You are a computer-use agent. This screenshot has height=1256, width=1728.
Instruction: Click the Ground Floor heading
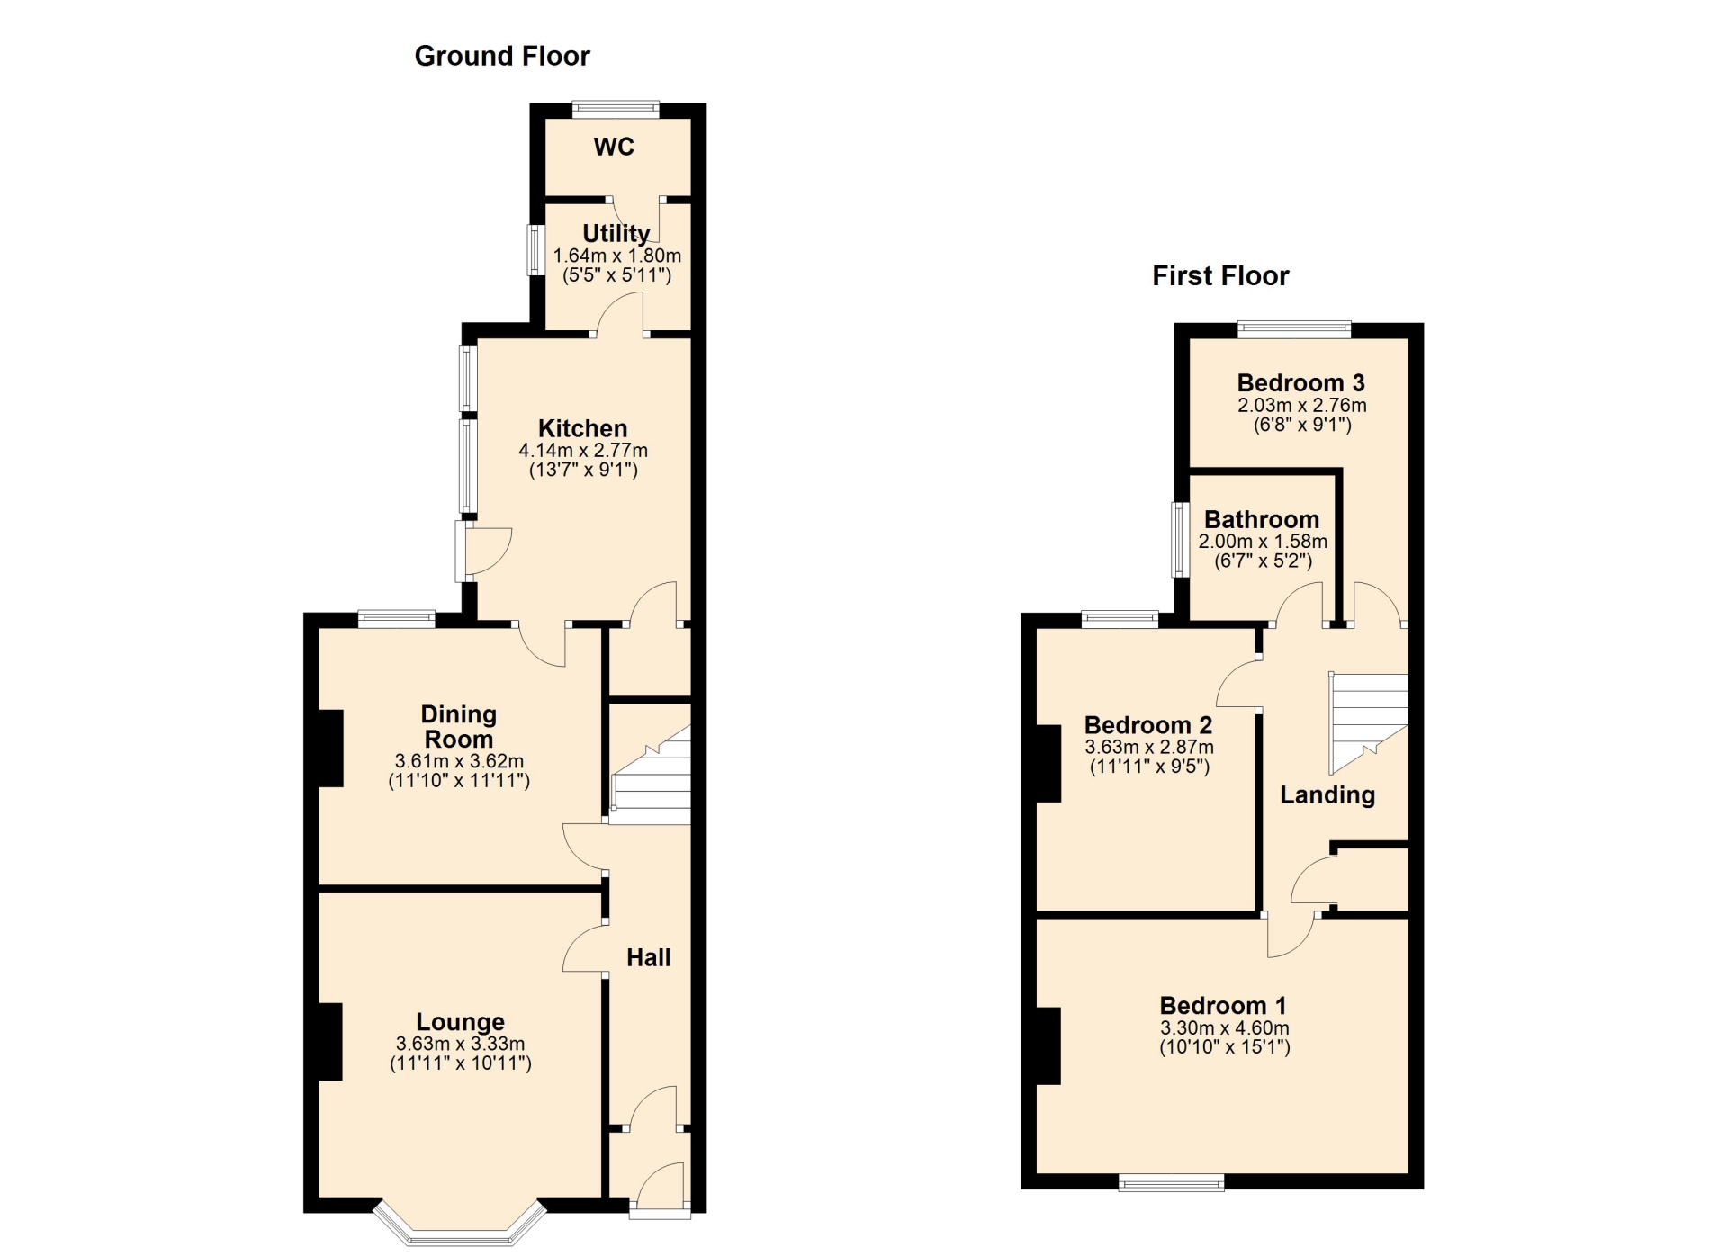tap(501, 56)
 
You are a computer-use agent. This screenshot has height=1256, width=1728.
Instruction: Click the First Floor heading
tap(1220, 275)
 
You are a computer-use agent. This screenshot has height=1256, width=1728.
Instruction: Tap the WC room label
tap(614, 147)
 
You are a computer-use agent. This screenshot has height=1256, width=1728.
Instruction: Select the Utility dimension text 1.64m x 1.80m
tap(617, 256)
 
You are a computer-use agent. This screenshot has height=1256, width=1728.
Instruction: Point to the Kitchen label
tap(582, 428)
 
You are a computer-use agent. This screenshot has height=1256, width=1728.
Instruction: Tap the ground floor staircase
tap(651, 775)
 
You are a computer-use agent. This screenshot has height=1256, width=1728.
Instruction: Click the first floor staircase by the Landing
tap(1369, 723)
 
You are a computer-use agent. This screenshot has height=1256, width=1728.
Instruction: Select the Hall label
tap(649, 957)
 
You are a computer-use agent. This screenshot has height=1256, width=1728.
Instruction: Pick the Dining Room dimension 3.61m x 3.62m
tap(459, 761)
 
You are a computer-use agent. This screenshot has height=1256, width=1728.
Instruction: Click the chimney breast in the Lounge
tap(330, 1041)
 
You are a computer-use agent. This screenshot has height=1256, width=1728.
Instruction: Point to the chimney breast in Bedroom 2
tap(1048, 763)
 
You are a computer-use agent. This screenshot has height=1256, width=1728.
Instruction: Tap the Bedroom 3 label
tap(1300, 383)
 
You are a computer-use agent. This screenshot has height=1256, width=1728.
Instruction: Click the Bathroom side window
tap(1180, 539)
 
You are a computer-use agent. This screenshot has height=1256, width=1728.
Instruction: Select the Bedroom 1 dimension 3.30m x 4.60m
tap(1224, 1027)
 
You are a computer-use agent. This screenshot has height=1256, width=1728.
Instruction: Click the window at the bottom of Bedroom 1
tap(1171, 1183)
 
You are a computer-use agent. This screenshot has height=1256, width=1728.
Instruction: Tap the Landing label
tap(1327, 794)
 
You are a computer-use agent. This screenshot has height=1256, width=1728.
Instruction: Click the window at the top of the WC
tap(616, 110)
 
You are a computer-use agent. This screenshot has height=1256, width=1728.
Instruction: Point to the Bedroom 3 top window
tap(1294, 329)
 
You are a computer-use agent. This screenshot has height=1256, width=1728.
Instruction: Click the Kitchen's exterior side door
tap(482, 551)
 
